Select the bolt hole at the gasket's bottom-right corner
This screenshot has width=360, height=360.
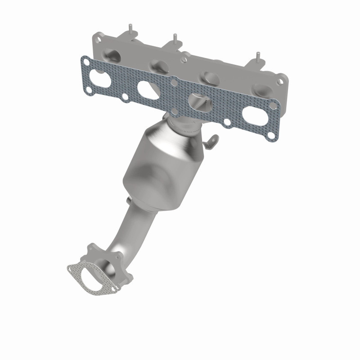coord(270,135)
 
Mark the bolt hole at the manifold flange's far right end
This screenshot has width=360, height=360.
coord(281,81)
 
